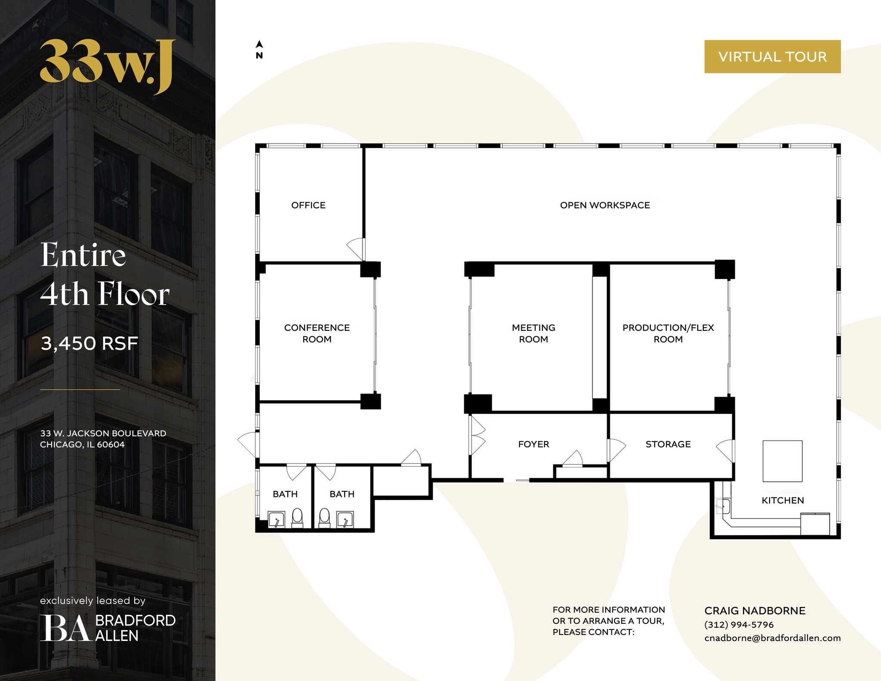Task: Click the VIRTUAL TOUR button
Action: [772, 56]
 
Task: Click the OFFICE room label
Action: [308, 205]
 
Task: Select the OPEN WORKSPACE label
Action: [604, 205]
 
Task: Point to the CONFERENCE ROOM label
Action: [317, 333]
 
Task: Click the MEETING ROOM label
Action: [533, 333]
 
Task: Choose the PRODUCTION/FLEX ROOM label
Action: [668, 333]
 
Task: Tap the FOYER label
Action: [533, 444]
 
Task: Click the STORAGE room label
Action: [668, 444]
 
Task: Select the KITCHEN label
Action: [782, 500]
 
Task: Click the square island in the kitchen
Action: [782, 461]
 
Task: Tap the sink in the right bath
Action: [345, 520]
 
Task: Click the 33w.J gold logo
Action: [108, 65]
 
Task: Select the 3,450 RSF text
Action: [89, 343]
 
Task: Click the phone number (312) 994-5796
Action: [739, 625]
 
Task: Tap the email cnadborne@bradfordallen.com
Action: [772, 638]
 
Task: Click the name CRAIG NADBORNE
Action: [755, 610]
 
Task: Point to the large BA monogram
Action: [65, 628]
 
